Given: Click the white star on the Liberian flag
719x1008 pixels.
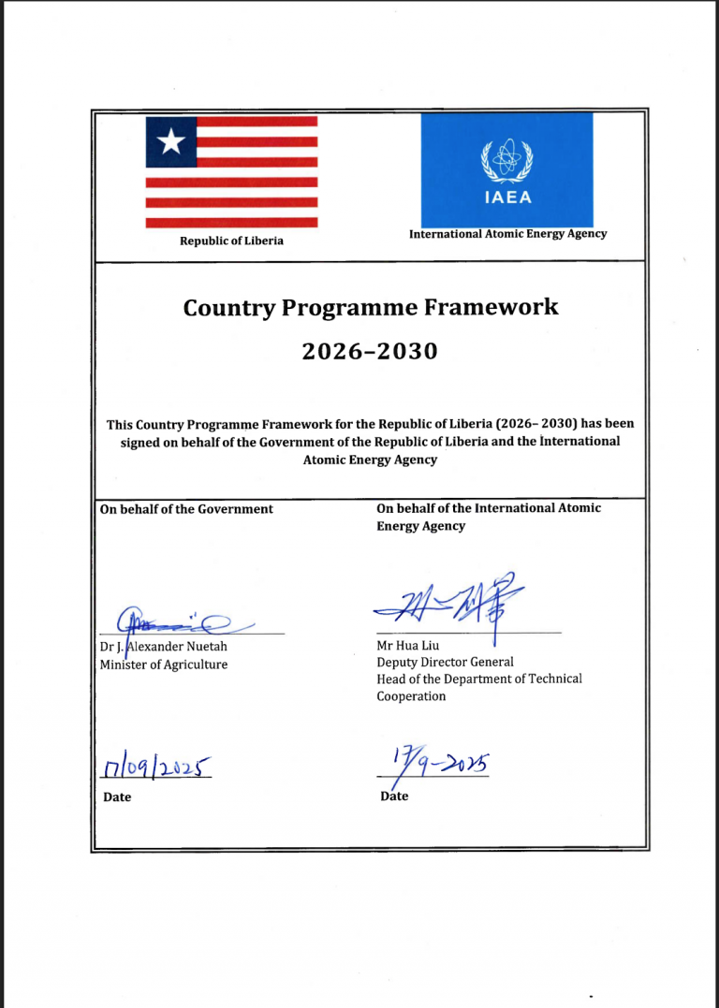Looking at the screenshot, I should [170, 142].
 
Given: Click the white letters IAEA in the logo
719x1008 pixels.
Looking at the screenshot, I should [506, 197].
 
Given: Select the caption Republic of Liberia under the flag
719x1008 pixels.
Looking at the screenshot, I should [231, 241].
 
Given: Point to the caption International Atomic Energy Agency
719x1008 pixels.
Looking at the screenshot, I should [507, 234].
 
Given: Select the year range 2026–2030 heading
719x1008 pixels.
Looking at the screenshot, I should [370, 351].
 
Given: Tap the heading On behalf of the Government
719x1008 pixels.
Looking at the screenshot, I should [186, 509].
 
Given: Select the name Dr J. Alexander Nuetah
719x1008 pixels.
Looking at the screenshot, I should [164, 647].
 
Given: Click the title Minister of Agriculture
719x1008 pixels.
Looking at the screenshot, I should [164, 665].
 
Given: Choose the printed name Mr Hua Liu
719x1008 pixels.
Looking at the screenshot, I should [408, 645].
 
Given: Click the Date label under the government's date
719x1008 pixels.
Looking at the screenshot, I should [117, 797].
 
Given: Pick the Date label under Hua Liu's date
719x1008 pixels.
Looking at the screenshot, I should [394, 796].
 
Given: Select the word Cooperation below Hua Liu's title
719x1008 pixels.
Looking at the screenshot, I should [411, 696].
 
